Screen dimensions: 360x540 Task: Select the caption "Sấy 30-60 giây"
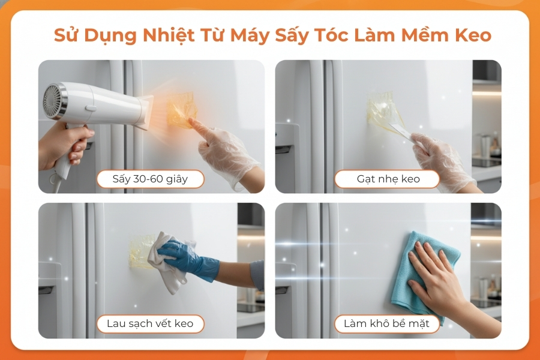(150, 179)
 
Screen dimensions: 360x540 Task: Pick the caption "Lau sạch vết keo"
(150, 323)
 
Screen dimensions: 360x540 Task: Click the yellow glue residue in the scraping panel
(382, 109)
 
